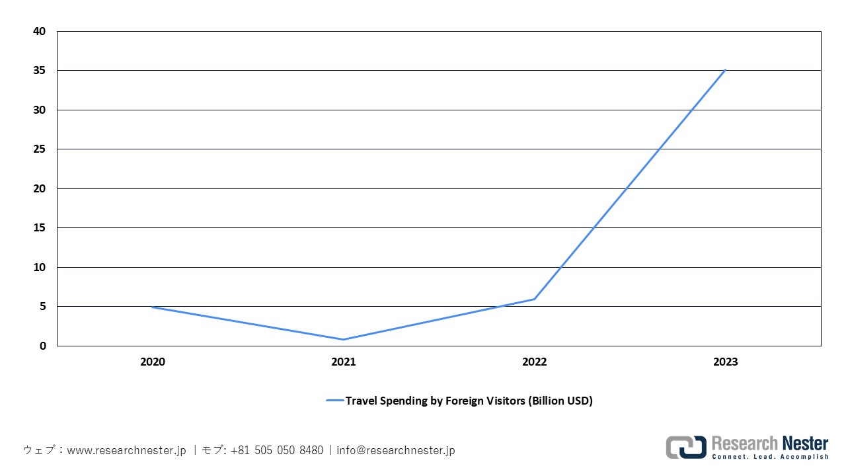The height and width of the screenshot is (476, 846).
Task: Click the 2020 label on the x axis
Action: pos(153,362)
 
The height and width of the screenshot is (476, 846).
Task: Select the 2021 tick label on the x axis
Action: pos(344,362)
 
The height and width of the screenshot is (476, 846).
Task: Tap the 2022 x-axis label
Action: pos(535,362)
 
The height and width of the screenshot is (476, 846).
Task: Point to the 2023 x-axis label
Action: pos(726,362)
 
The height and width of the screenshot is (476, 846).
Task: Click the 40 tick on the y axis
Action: pos(40,31)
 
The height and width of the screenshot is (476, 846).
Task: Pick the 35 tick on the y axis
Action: pos(40,71)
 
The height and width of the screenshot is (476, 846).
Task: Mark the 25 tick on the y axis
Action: pos(40,149)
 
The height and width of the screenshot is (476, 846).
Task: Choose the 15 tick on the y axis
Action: pos(40,228)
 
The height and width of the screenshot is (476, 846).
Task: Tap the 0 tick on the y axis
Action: pos(43,346)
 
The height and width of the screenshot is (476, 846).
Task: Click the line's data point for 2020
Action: pos(153,307)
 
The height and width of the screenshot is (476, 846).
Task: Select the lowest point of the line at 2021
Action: pos(344,339)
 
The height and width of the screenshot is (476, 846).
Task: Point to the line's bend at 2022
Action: pos(535,299)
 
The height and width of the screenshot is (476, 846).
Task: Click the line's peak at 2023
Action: pos(726,69)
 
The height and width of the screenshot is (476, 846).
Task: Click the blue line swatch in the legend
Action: pos(334,401)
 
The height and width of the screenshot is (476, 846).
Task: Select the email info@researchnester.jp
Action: pos(395,450)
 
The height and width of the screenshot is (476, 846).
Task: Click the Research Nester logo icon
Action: pos(685,447)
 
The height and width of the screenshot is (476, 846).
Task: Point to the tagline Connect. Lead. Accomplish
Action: pos(770,457)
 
